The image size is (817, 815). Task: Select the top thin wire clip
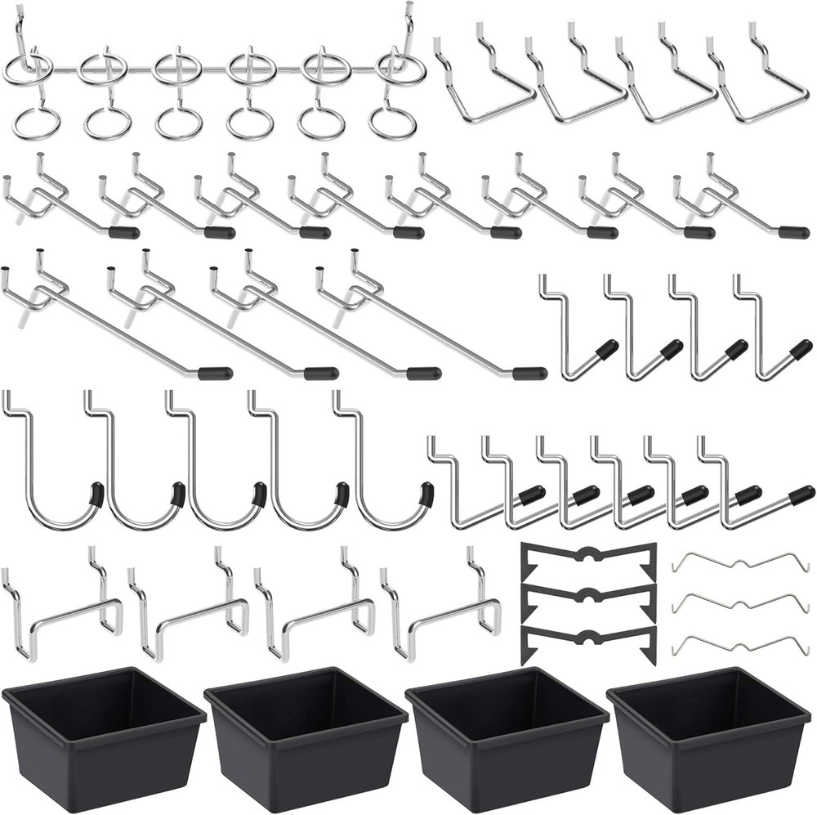(739, 562)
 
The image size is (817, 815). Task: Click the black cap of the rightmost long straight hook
(529, 374)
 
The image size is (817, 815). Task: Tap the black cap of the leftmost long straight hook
(215, 374)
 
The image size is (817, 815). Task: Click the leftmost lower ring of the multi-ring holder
(36, 123)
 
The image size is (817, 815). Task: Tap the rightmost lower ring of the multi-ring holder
(392, 123)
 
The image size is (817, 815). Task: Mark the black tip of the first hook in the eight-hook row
(123, 233)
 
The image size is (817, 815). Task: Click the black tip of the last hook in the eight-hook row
(793, 233)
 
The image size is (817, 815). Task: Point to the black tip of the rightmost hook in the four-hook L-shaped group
(801, 350)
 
